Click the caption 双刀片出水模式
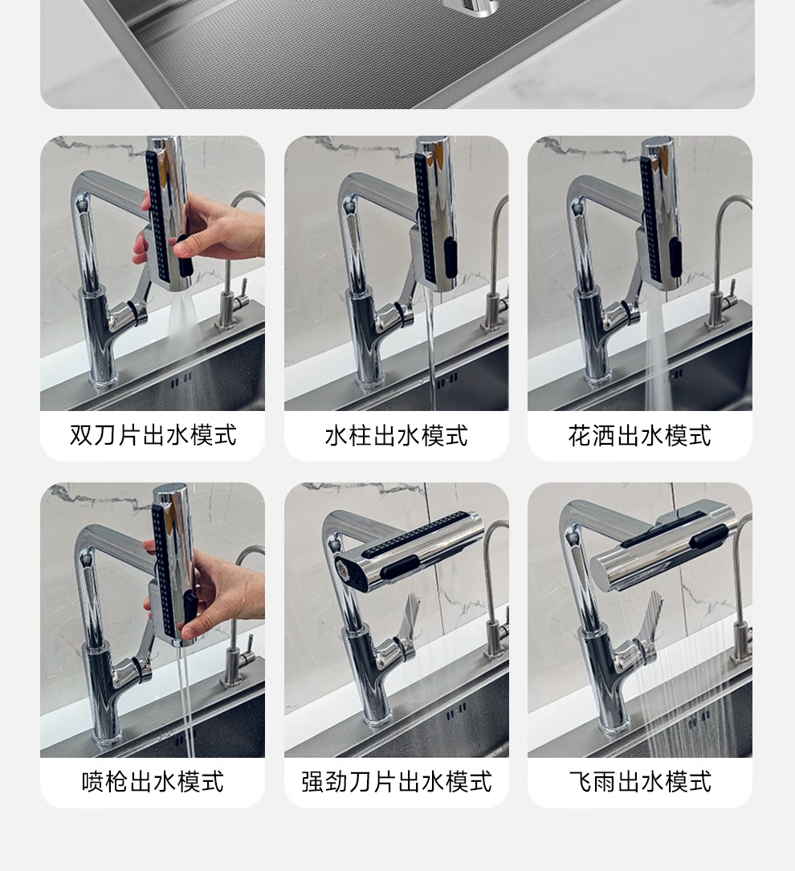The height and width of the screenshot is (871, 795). click(x=153, y=435)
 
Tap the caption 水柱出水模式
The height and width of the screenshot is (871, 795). click(x=396, y=435)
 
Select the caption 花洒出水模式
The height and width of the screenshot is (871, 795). click(x=639, y=435)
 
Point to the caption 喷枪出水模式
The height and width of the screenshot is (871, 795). click(x=153, y=782)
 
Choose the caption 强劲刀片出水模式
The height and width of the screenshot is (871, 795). click(x=396, y=782)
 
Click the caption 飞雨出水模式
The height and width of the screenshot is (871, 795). click(x=639, y=782)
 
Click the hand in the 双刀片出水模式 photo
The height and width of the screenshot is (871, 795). click(x=206, y=230)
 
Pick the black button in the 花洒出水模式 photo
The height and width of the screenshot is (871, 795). click(x=675, y=257)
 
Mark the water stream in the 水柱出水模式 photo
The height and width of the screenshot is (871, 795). click(x=430, y=347)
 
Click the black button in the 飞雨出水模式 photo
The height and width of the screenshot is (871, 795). click(x=707, y=538)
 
